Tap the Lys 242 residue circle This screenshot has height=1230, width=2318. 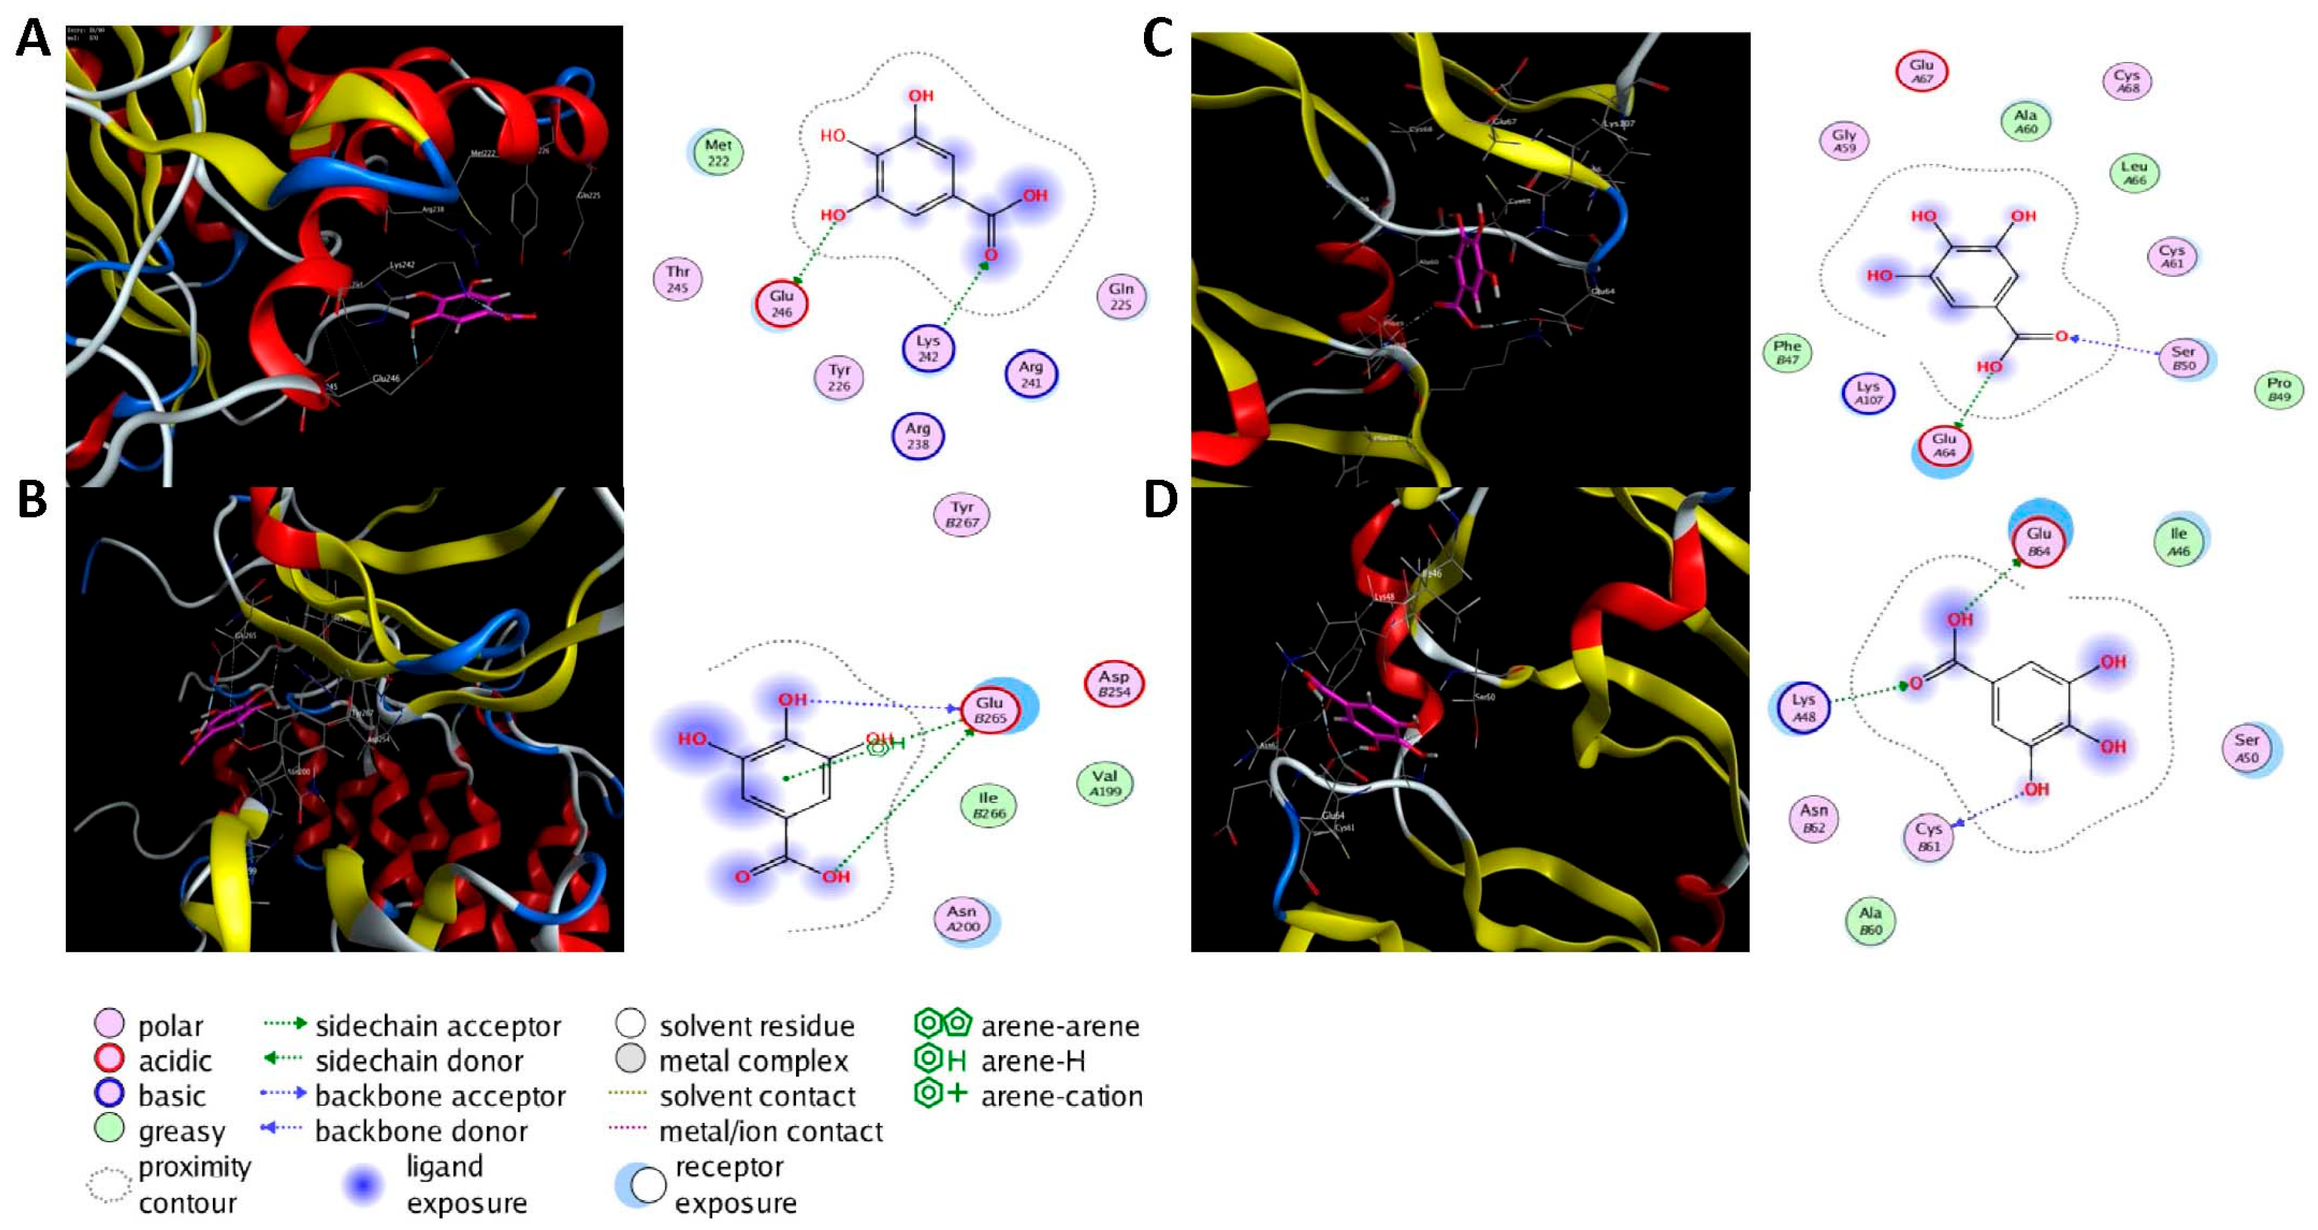click(x=928, y=348)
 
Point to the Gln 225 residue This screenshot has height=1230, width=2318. click(x=1120, y=296)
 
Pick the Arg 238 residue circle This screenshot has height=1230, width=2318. click(x=917, y=435)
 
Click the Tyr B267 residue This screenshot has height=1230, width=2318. click(x=962, y=514)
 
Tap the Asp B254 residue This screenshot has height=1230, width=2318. click(x=1113, y=684)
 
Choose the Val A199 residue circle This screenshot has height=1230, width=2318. click(x=1104, y=783)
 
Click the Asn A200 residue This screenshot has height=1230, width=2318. click(x=961, y=919)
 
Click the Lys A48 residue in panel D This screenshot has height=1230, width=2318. click(x=1803, y=707)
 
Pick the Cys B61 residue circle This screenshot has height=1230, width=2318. click(x=1928, y=837)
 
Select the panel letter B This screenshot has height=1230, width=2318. click(x=33, y=499)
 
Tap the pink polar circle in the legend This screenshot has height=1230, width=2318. click(x=109, y=1024)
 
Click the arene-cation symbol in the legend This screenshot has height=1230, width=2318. click(x=940, y=1094)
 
